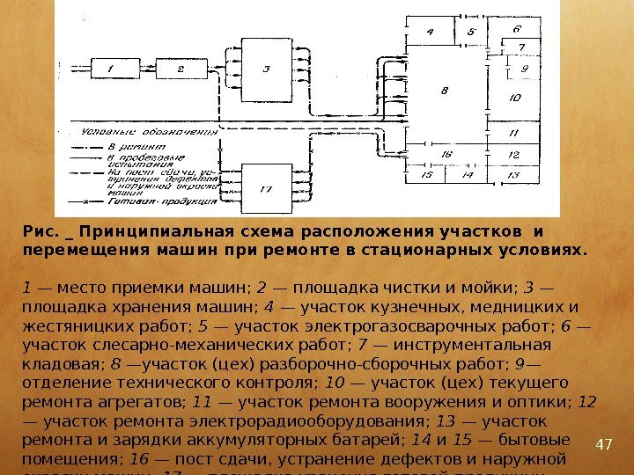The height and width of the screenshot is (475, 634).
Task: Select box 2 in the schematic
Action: (x=180, y=67)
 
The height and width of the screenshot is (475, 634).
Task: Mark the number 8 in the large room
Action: (x=446, y=91)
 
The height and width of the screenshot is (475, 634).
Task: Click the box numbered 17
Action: (x=266, y=189)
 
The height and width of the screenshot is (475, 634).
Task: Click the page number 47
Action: (x=604, y=442)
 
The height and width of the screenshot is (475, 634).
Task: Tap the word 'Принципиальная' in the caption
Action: (x=151, y=232)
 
